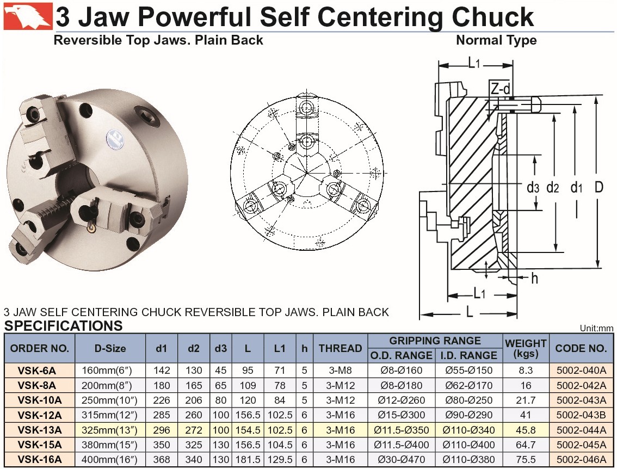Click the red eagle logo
[28, 16]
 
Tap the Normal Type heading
[496, 40]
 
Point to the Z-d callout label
[501, 89]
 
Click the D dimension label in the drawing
[599, 187]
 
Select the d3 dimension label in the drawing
[533, 188]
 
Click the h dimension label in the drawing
[534, 278]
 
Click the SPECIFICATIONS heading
[63, 326]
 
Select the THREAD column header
[341, 348]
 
